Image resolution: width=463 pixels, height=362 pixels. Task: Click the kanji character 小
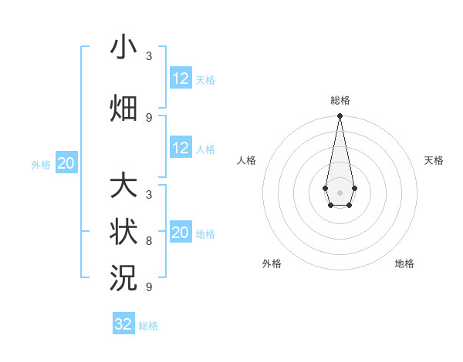(x=123, y=48)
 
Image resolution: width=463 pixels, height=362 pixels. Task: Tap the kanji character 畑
(x=123, y=108)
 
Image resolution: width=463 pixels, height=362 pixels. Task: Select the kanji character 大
(x=123, y=186)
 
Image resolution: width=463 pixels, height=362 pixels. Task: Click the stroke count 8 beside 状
(x=149, y=240)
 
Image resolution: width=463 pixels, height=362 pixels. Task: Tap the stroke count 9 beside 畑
(x=149, y=117)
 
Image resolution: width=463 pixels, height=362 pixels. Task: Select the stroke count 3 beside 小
(x=149, y=56)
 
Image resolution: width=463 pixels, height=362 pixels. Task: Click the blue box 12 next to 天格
(x=181, y=79)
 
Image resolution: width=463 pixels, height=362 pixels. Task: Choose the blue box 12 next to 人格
(x=181, y=148)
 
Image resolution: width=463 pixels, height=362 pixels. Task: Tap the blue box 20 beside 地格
(x=181, y=233)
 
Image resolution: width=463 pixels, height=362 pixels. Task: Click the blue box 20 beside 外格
(x=66, y=163)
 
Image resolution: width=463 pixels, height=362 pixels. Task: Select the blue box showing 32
(x=123, y=324)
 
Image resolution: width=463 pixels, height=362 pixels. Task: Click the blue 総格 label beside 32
(x=148, y=326)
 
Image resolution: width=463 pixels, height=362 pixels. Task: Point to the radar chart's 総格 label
(x=340, y=100)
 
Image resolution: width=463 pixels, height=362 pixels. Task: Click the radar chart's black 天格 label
(x=434, y=160)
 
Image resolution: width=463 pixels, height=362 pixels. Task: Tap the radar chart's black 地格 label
(x=404, y=263)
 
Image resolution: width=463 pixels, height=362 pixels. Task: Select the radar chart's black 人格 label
(x=246, y=160)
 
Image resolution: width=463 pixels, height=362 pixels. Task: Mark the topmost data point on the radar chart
(x=340, y=116)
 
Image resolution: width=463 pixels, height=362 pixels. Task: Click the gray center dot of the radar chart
(x=340, y=192)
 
